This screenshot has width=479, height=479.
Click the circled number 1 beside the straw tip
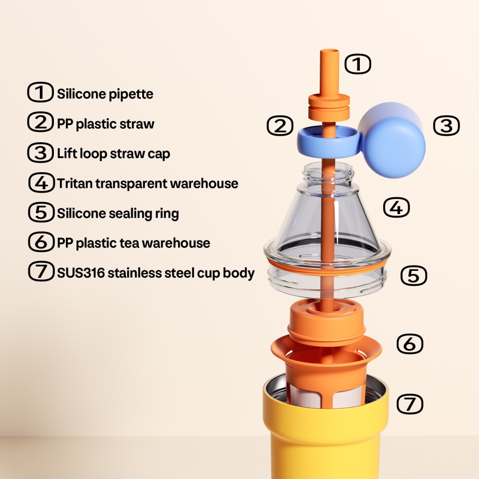[x=358, y=64]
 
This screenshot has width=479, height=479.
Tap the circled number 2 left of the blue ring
[x=280, y=126]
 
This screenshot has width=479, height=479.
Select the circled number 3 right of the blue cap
[x=446, y=126]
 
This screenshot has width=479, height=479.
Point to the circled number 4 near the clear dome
[x=396, y=208]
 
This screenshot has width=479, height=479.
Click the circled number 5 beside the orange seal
[x=414, y=275]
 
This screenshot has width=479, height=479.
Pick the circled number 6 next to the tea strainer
[x=410, y=344]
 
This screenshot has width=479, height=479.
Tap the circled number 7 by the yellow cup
[x=410, y=404]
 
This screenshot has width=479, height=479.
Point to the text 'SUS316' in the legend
[x=81, y=273]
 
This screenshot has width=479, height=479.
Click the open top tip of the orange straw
[x=330, y=52]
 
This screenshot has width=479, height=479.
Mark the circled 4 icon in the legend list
[x=41, y=183]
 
